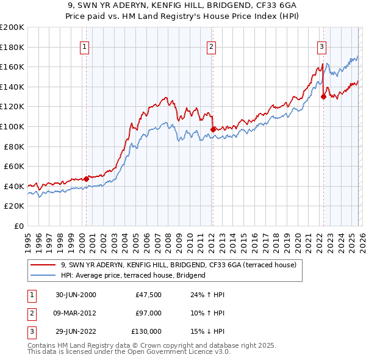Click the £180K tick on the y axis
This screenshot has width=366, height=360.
(x=13, y=47)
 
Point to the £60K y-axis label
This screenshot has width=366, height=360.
(x=13, y=166)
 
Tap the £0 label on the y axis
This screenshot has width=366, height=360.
(x=19, y=226)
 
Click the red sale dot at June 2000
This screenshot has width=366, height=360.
(x=86, y=178)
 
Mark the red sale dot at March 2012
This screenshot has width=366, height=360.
(x=212, y=129)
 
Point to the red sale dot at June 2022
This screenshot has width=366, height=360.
(x=323, y=96)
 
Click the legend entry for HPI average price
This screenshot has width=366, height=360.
(x=133, y=275)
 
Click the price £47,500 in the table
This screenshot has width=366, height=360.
(x=148, y=295)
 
